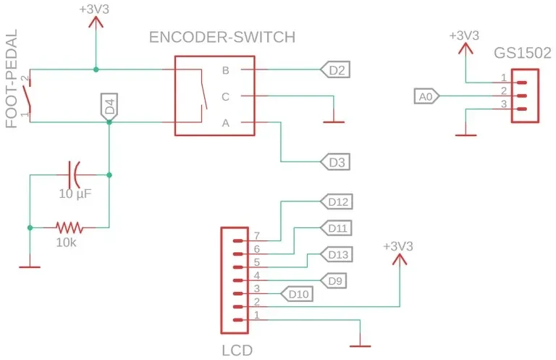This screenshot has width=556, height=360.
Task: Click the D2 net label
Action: (x=335, y=70)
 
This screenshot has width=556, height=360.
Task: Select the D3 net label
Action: (x=335, y=162)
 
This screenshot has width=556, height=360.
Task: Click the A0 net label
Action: (x=427, y=96)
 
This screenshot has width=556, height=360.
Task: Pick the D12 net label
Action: (x=337, y=201)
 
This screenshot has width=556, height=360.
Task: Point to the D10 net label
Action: (x=297, y=293)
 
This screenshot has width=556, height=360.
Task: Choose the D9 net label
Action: (x=333, y=280)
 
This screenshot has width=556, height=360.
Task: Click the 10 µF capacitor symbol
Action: (x=75, y=175)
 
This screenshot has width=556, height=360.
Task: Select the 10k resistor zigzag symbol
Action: (x=69, y=227)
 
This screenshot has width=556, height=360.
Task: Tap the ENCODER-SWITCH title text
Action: (x=222, y=37)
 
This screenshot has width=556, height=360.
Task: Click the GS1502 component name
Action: (x=523, y=53)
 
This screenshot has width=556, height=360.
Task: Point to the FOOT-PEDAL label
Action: (x=12, y=78)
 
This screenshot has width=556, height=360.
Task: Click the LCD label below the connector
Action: (x=237, y=351)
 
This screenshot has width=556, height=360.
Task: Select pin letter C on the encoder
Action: (x=226, y=96)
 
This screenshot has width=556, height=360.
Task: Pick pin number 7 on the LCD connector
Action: (x=257, y=235)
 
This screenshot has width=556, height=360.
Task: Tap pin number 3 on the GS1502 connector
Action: (x=504, y=104)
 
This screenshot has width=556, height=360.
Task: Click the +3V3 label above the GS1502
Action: (x=464, y=35)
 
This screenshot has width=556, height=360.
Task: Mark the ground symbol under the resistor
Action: (x=30, y=267)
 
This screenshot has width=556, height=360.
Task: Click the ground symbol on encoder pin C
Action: (x=334, y=122)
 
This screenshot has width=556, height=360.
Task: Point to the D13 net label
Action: (x=337, y=254)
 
